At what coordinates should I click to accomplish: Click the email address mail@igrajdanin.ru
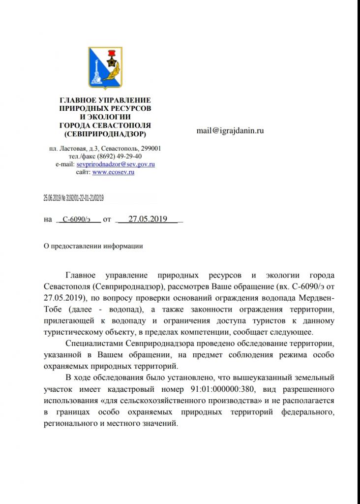point(230,131)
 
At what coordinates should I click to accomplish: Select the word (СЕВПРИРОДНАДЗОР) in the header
point(105,133)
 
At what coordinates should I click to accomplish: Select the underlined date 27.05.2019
point(148,220)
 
